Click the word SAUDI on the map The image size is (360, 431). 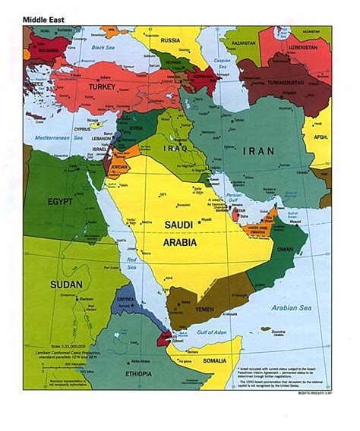(x=180, y=225)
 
